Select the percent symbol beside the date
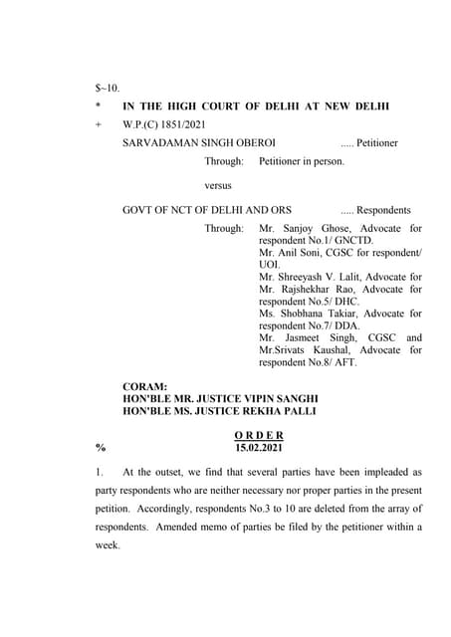[x=99, y=448]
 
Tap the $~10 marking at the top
[x=107, y=88]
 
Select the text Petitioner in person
[x=301, y=161]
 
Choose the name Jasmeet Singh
[x=318, y=338]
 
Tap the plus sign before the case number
[x=99, y=124]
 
